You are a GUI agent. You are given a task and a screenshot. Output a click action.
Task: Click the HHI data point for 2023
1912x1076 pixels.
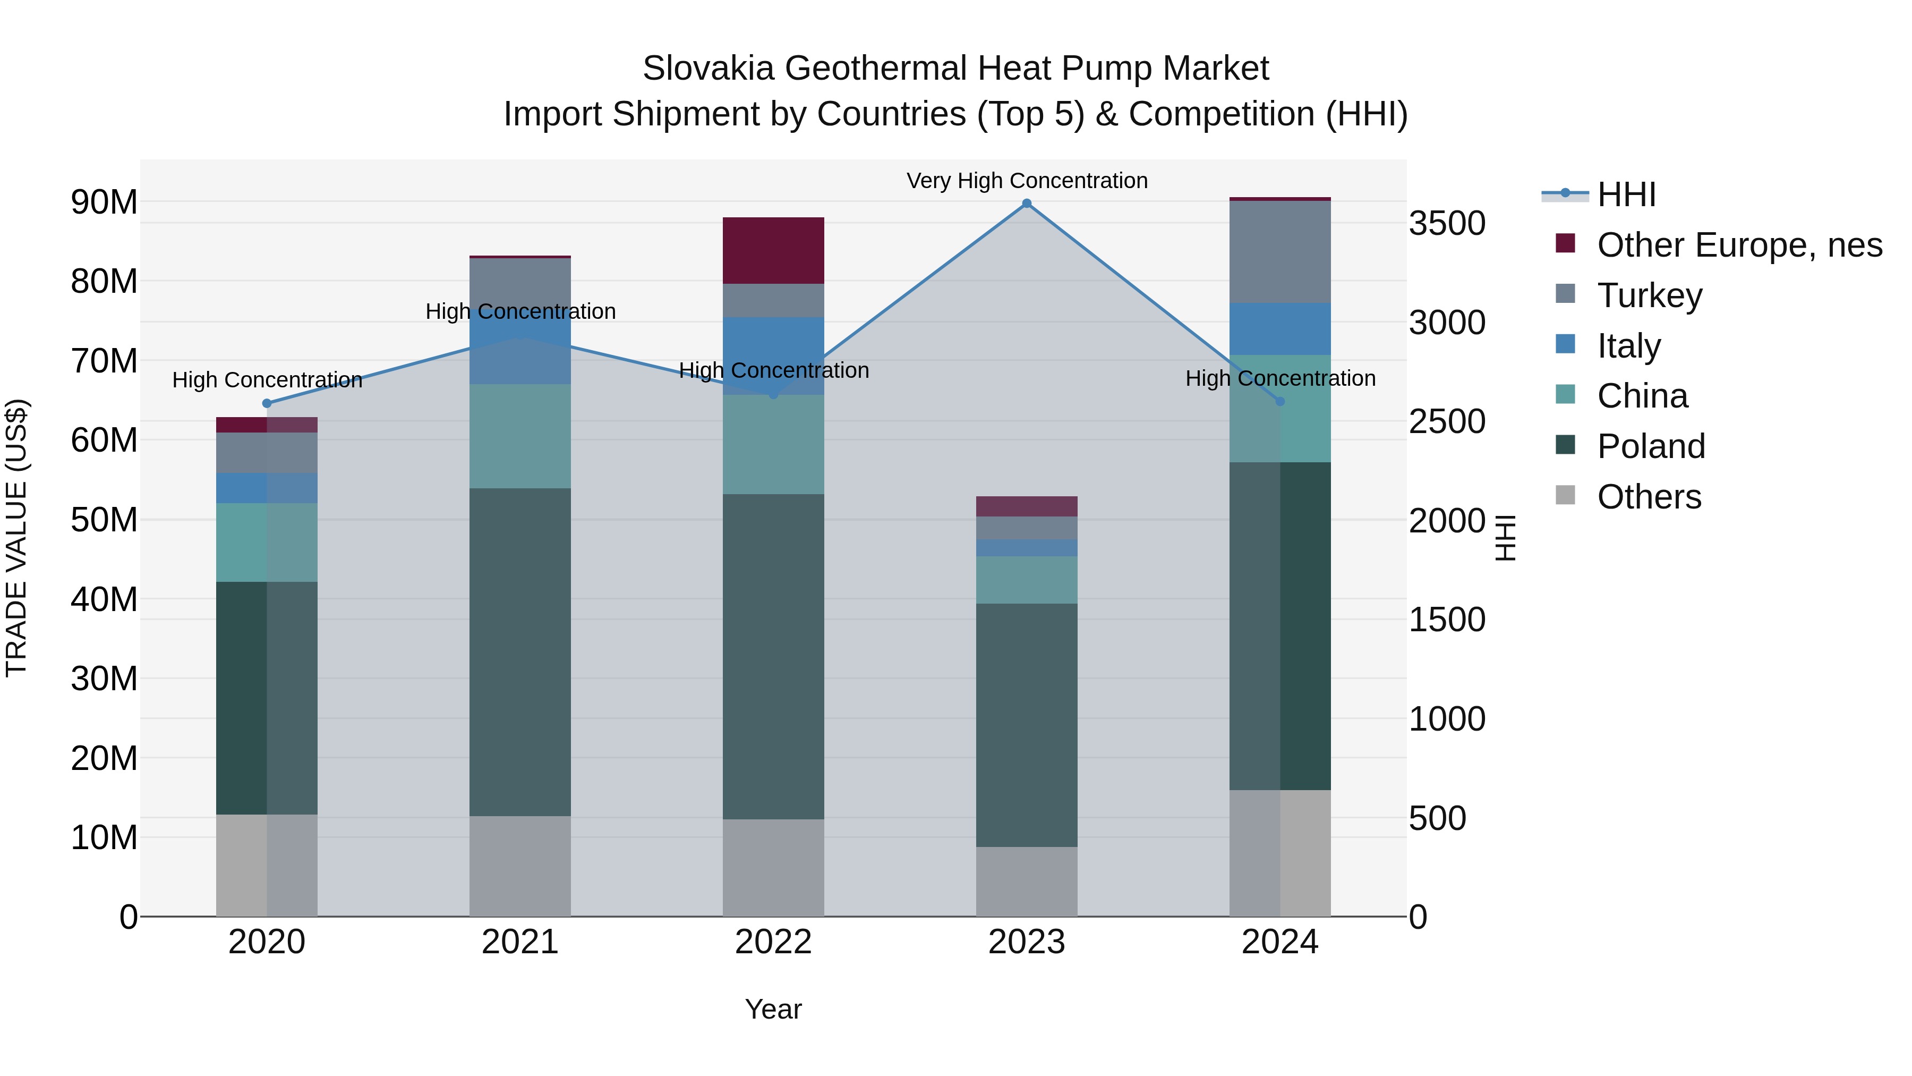(x=1027, y=204)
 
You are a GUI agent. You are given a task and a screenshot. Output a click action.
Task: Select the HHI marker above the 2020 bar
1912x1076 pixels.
(x=267, y=403)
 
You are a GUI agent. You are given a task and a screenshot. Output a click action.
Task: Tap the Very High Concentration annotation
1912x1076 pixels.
(x=1027, y=181)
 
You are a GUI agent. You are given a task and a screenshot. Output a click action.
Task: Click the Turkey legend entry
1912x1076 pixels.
(x=1649, y=295)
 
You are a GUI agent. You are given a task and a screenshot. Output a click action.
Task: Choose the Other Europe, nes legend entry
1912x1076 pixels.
(x=1739, y=245)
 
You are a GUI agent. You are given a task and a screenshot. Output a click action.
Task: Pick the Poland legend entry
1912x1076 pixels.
(x=1651, y=446)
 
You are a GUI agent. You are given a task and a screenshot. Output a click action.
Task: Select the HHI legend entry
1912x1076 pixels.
(x=1626, y=194)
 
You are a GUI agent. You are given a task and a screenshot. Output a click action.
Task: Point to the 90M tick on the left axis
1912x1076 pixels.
(x=104, y=202)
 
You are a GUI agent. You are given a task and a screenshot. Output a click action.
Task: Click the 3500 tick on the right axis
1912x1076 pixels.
(x=1447, y=224)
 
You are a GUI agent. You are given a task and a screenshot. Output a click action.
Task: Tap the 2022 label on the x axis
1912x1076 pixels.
(x=773, y=942)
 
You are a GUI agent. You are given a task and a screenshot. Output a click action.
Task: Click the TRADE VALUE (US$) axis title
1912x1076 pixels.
(x=16, y=538)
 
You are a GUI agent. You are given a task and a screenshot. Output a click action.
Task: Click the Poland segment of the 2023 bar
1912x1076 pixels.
(x=1027, y=724)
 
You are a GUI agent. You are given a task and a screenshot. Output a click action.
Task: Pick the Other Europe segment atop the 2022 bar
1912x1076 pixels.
(x=773, y=250)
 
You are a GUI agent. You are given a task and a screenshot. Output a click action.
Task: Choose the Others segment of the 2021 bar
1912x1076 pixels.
(x=520, y=866)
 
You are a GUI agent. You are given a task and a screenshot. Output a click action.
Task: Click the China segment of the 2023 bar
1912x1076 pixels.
(x=1027, y=579)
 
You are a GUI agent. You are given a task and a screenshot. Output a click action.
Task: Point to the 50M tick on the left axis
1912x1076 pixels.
(x=104, y=520)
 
